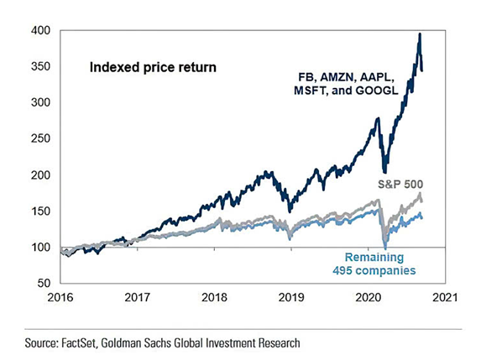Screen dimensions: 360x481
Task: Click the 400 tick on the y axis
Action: [41, 30]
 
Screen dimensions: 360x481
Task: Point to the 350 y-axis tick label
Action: [41, 66]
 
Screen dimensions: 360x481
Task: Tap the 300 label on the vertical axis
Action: [41, 102]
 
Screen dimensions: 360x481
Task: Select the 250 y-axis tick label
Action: [41, 139]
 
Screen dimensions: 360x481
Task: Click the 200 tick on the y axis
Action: [41, 175]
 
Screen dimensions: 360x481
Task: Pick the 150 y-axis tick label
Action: [41, 211]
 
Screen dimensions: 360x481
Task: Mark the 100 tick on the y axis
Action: [41, 248]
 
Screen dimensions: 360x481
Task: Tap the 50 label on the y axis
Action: [44, 284]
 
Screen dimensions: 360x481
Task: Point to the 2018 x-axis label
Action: [215, 297]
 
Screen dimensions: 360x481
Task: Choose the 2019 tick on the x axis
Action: [290, 297]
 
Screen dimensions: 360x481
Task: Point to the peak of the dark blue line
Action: [419, 34]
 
